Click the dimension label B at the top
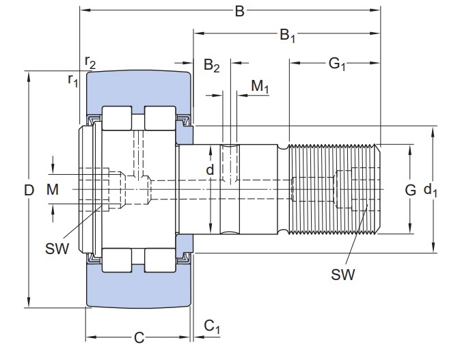point(239,12)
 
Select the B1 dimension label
point(288,36)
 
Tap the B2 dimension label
point(211,66)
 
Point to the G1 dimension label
point(337,64)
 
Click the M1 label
point(260,87)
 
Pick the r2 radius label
point(90,62)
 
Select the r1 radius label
point(73,80)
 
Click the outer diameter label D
point(29,191)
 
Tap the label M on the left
point(53,190)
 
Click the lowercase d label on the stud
point(210,170)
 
